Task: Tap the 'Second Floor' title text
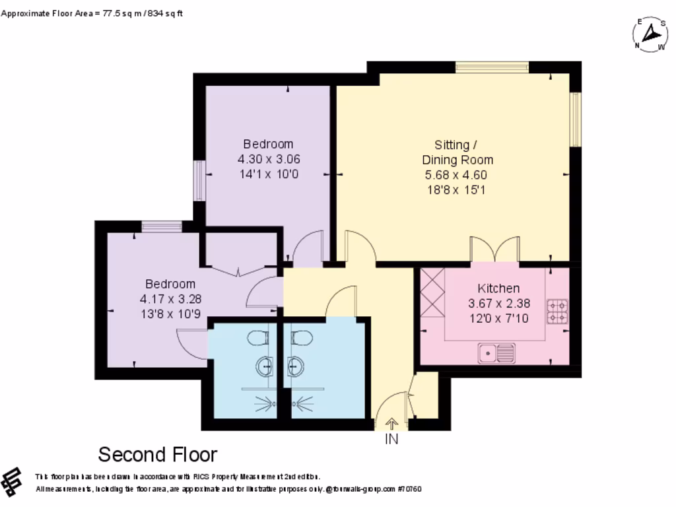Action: pyautogui.click(x=157, y=455)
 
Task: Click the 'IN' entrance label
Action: pyautogui.click(x=391, y=439)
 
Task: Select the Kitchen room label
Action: pyautogui.click(x=498, y=288)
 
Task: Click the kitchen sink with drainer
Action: pyautogui.click(x=496, y=353)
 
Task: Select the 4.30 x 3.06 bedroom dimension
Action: pyautogui.click(x=267, y=159)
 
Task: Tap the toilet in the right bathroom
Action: pyautogui.click(x=300, y=337)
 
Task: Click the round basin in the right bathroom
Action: pyautogui.click(x=294, y=365)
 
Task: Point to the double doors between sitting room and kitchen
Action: pyautogui.click(x=494, y=250)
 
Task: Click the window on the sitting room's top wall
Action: pyautogui.click(x=492, y=67)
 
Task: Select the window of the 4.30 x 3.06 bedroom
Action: pyautogui.click(x=199, y=180)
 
